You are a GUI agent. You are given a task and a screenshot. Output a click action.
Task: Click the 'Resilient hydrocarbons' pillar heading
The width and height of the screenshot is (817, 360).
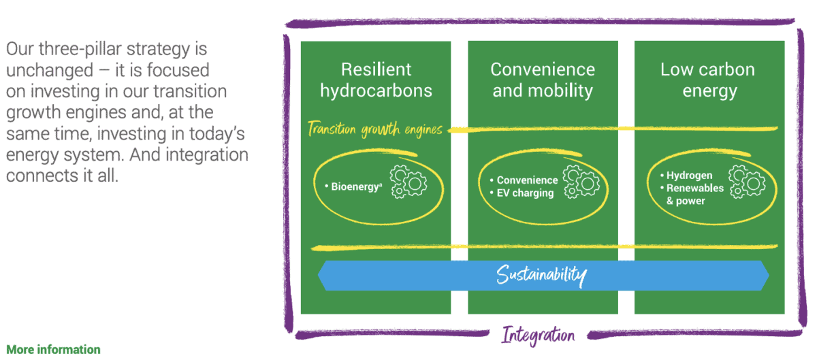tap(376, 80)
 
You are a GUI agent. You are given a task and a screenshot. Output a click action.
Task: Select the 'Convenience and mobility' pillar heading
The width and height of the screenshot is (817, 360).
tap(543, 80)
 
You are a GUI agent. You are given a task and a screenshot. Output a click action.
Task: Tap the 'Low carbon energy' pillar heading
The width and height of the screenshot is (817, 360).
tap(708, 80)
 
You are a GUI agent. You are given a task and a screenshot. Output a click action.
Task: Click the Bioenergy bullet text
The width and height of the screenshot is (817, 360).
tap(355, 186)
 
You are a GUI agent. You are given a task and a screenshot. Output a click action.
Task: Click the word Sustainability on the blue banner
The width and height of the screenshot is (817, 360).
tap(541, 275)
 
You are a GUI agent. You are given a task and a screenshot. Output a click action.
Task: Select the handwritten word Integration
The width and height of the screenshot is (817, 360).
tap(538, 335)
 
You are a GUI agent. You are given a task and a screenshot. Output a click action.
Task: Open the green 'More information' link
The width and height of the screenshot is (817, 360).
tap(53, 350)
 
